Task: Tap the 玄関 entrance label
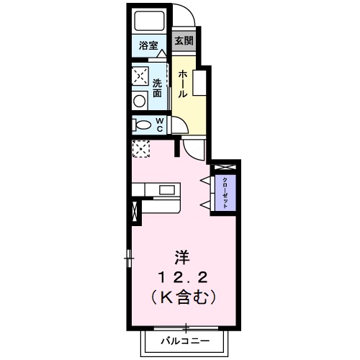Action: pyautogui.click(x=183, y=40)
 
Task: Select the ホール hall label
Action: pyautogui.click(x=184, y=84)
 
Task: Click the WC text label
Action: pyautogui.click(x=159, y=125)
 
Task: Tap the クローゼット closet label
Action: pyautogui.click(x=225, y=192)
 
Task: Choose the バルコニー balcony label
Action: pyautogui.click(x=185, y=339)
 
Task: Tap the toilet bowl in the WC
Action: pyautogui.click(x=140, y=125)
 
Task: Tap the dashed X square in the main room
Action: pyautogui.click(x=140, y=148)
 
